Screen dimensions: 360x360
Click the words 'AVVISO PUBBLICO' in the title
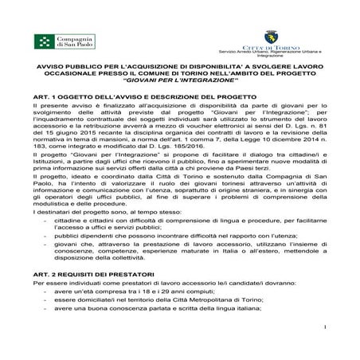(x=65, y=68)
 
